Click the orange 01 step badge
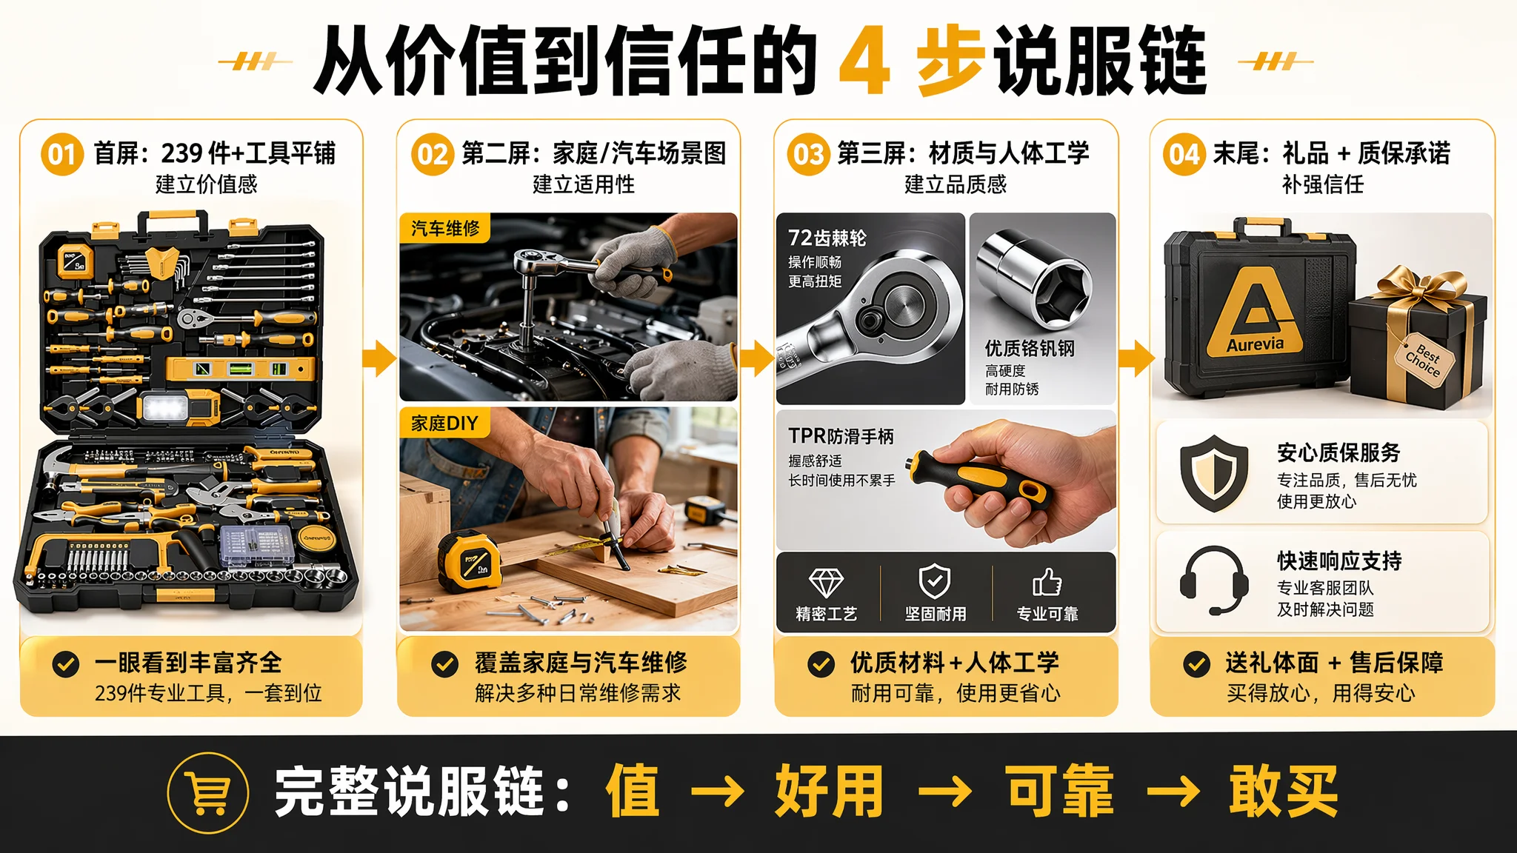pyautogui.click(x=62, y=154)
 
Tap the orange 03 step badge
pyautogui.click(x=808, y=154)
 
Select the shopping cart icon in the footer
pyautogui.click(x=208, y=793)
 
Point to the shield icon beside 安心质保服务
pyautogui.click(x=1214, y=473)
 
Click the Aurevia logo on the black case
pyautogui.click(x=1255, y=311)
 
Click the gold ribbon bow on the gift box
pyautogui.click(x=1421, y=288)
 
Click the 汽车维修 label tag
pyautogui.click(x=445, y=228)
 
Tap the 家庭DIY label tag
pyautogui.click(x=444, y=423)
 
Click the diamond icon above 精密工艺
pyautogui.click(x=826, y=583)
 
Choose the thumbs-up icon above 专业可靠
pyautogui.click(x=1047, y=582)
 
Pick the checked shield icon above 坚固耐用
pyautogui.click(x=935, y=581)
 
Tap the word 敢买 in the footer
pyautogui.click(x=1283, y=792)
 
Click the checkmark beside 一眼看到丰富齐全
pyautogui.click(x=66, y=663)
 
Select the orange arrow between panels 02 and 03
pyautogui.click(x=756, y=358)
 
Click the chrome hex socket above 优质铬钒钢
pyautogui.click(x=1034, y=279)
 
